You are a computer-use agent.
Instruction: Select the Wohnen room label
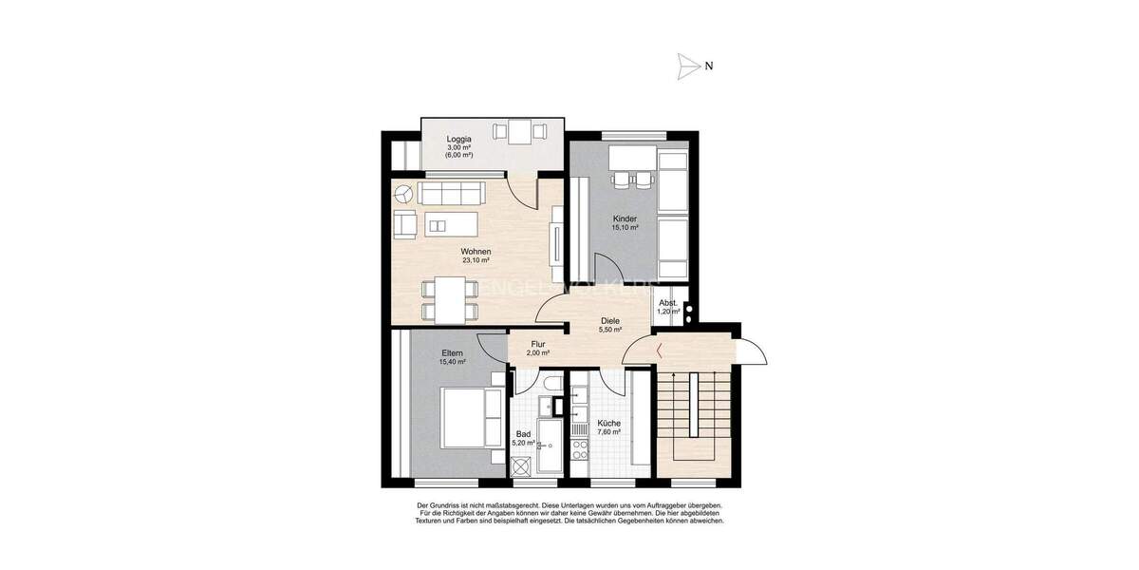tap(476, 252)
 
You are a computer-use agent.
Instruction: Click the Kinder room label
tap(625, 219)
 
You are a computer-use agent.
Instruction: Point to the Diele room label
tap(610, 321)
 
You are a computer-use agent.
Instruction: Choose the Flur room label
tap(538, 344)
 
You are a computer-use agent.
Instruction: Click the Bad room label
tap(523, 434)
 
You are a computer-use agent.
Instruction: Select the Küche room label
tap(608, 424)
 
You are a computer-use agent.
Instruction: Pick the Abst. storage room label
tap(669, 302)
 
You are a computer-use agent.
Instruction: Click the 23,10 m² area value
tap(476, 260)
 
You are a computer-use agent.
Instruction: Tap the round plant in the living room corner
tap(403, 194)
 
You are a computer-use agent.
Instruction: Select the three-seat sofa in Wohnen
tap(452, 195)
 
